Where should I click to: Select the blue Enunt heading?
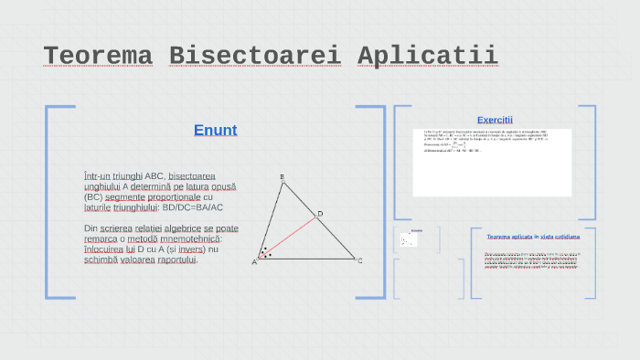pyautogui.click(x=215, y=130)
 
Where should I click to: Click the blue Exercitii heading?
pyautogui.click(x=495, y=120)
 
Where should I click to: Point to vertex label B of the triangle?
pyautogui.click(x=282, y=177)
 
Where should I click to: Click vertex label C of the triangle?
pyautogui.click(x=360, y=261)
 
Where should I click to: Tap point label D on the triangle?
pyautogui.click(x=320, y=215)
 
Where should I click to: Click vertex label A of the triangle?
pyautogui.click(x=254, y=262)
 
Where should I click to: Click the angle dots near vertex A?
pyautogui.click(x=264, y=252)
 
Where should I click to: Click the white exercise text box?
pyautogui.click(x=492, y=162)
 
